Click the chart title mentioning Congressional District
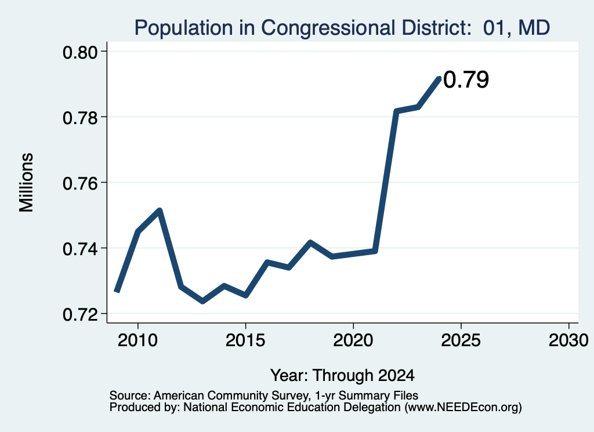342,28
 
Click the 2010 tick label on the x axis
137,340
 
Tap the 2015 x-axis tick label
245,340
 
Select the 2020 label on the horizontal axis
353,340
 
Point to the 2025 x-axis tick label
461,340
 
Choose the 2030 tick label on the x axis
568,340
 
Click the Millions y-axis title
26,183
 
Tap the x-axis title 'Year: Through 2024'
342,376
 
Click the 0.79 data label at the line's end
466,79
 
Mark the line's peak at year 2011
160,210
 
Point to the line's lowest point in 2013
202,302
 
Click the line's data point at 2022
396,111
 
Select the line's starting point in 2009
117,291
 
